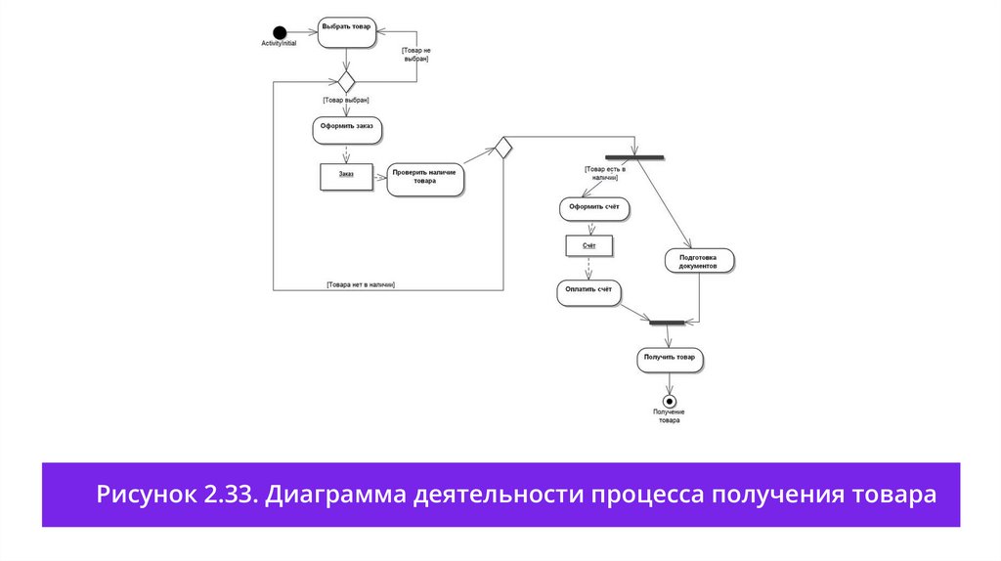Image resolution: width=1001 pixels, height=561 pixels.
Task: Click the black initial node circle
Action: pyautogui.click(x=280, y=31)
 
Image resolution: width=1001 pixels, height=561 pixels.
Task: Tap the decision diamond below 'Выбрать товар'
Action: pyautogui.click(x=346, y=81)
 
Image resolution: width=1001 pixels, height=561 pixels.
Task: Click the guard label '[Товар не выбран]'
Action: pyautogui.click(x=415, y=55)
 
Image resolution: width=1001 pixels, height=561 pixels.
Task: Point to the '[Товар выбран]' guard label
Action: pyautogui.click(x=345, y=100)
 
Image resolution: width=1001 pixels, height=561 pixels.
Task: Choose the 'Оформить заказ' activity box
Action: pyautogui.click(x=345, y=129)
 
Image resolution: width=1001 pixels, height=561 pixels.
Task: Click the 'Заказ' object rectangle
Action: pyautogui.click(x=347, y=175)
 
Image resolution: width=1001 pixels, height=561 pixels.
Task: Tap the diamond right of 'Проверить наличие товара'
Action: pyautogui.click(x=502, y=148)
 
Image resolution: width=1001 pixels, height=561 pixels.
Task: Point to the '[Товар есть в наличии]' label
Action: pyautogui.click(x=605, y=174)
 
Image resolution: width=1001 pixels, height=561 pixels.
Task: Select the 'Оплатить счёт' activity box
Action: pyautogui.click(x=589, y=291)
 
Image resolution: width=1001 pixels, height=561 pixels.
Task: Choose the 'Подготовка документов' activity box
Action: pyautogui.click(x=698, y=261)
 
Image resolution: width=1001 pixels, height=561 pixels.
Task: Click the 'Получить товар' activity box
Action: pyautogui.click(x=670, y=359)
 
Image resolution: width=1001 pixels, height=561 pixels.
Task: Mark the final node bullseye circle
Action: pyautogui.click(x=670, y=401)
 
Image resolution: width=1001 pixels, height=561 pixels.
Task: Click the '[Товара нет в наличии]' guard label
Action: pyautogui.click(x=361, y=284)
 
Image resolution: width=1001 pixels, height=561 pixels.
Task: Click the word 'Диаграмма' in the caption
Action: pyautogui.click(x=329, y=495)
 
